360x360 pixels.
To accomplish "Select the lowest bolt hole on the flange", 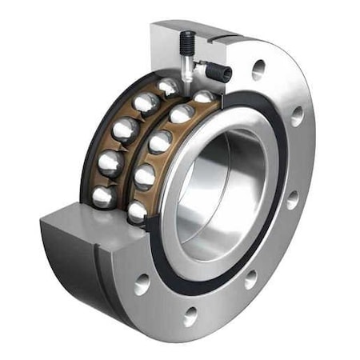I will (x=190, y=315).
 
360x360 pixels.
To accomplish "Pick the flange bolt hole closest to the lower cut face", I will (x=143, y=283).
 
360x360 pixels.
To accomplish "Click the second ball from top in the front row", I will (x=182, y=114).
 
